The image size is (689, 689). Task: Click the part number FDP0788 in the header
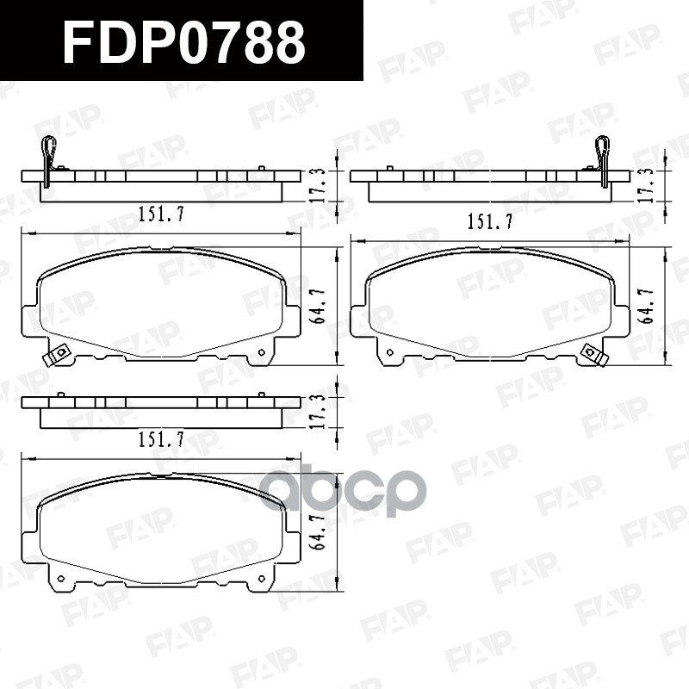(x=184, y=42)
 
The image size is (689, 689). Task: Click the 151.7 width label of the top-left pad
(x=161, y=214)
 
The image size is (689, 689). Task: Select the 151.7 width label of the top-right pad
(x=489, y=221)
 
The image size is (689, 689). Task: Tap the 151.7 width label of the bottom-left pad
(x=161, y=439)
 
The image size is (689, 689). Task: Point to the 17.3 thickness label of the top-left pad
(x=320, y=185)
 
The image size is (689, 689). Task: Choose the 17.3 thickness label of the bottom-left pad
(x=320, y=412)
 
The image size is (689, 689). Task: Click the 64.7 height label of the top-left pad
(x=320, y=307)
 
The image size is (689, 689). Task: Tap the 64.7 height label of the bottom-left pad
(x=320, y=532)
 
